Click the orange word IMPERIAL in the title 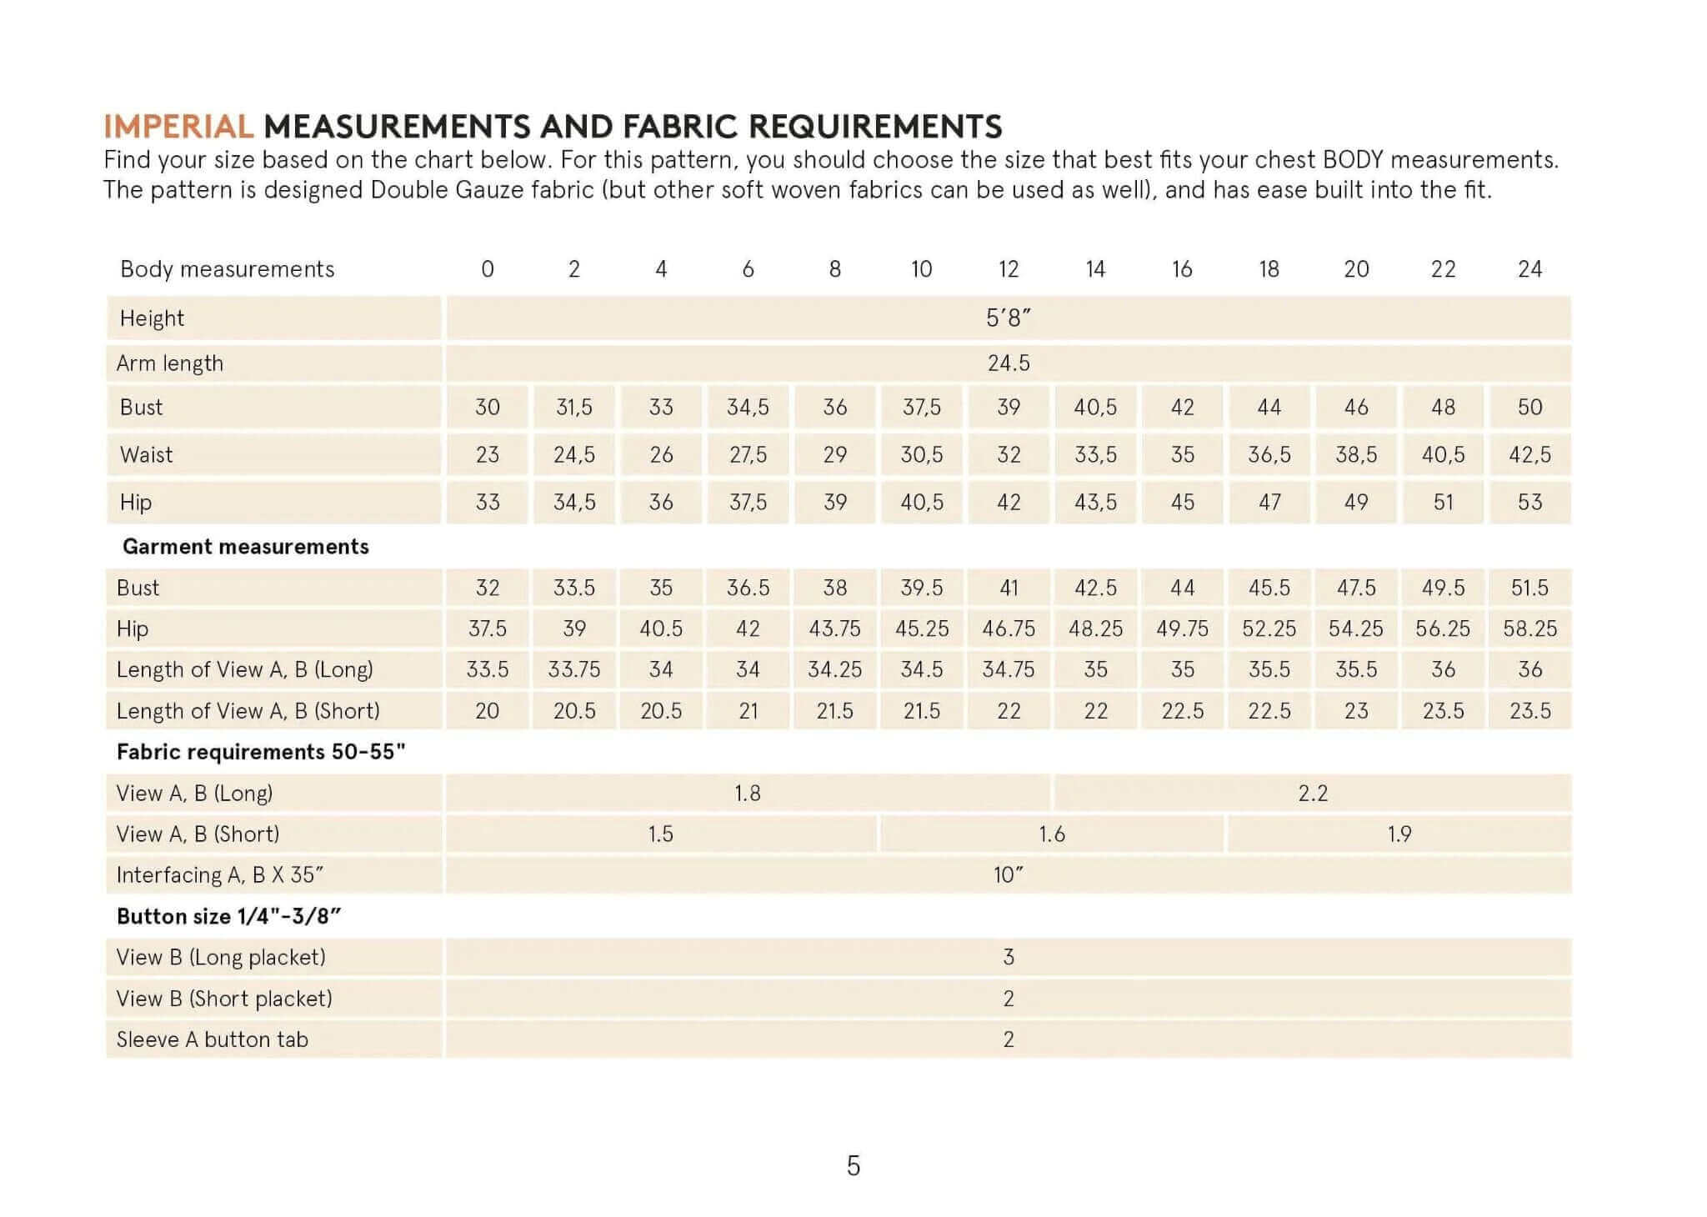coord(178,127)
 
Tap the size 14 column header coord(1095,269)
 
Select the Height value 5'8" coord(1009,318)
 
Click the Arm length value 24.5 coord(1009,363)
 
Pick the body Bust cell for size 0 coord(488,407)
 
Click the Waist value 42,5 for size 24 coord(1529,454)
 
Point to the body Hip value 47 coord(1269,502)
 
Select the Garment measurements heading coord(245,547)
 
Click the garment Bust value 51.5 coord(1529,588)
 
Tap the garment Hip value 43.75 coord(834,629)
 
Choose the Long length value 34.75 coord(1009,669)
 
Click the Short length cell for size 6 coord(748,711)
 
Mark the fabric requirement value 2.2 coord(1312,793)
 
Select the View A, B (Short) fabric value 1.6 coord(1052,834)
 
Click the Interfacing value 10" coord(1009,874)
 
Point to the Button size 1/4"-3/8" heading coord(229,916)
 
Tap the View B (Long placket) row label coord(221,957)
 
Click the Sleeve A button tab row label coord(213,1039)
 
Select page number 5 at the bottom coord(853,1165)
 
